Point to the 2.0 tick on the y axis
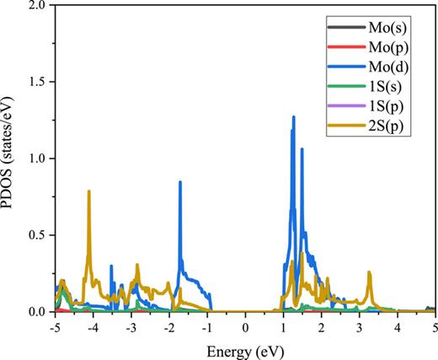[x=36, y=6]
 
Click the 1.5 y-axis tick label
[x=36, y=83]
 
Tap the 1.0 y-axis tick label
[x=36, y=159]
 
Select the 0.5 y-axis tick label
[x=36, y=235]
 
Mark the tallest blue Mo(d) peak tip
[x=293, y=117]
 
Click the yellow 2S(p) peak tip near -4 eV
[x=88, y=191]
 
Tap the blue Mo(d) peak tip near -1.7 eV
[x=179, y=182]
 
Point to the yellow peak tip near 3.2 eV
[x=369, y=272]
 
